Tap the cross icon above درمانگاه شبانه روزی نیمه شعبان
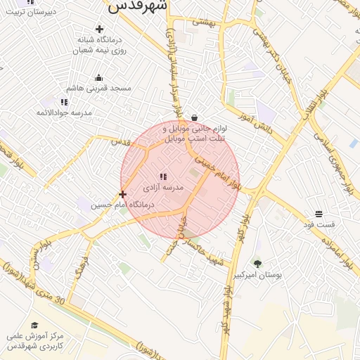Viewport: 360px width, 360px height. coord(99,30)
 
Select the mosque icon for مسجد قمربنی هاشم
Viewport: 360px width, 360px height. coord(98,78)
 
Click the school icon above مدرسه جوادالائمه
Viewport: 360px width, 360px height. coord(65,102)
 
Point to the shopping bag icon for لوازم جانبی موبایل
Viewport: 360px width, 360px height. coord(194,118)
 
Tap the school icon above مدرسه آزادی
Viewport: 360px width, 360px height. coord(163,177)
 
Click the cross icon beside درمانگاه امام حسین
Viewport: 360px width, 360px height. coord(123,194)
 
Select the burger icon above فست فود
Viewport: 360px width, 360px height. coord(319,213)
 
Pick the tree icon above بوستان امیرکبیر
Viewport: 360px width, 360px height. coord(257,264)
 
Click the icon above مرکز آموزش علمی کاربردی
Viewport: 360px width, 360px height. coord(33,326)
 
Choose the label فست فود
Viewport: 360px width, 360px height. coord(319,225)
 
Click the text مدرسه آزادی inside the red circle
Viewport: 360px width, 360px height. coord(163,188)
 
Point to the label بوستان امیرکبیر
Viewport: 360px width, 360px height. coord(258,275)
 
